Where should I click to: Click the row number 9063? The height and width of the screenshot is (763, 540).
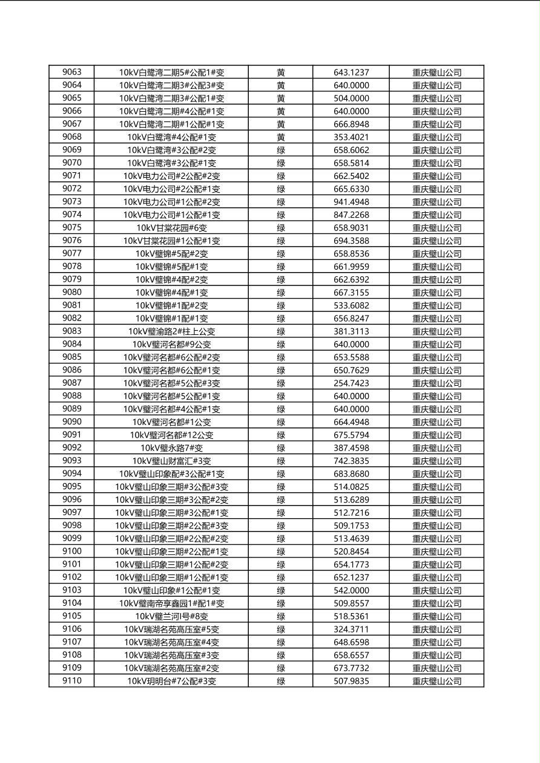(71, 73)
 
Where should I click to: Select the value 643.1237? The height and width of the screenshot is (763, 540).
(351, 73)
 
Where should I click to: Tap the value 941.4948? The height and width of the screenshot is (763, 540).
(351, 202)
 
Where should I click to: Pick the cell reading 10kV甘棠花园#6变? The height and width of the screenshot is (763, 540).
(171, 228)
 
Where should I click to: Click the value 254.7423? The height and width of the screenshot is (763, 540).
(351, 383)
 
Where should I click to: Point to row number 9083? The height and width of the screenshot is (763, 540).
(71, 331)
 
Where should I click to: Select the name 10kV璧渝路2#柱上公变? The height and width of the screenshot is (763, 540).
(171, 331)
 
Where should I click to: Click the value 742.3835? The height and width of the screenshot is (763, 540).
(351, 461)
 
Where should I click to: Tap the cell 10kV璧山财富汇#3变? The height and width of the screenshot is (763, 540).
(171, 461)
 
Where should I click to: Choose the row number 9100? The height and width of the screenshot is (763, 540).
(71, 551)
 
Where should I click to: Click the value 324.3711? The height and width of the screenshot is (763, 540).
(351, 629)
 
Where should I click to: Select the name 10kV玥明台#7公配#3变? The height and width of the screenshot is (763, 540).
(171, 681)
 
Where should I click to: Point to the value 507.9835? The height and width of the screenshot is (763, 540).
(351, 681)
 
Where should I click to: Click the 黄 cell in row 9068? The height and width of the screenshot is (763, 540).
(281, 137)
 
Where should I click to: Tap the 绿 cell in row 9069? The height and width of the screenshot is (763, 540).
(281, 150)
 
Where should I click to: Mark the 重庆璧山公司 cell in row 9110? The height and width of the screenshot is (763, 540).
(436, 681)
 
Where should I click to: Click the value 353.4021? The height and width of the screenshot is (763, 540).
(351, 137)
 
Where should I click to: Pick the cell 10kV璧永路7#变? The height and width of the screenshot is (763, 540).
(171, 448)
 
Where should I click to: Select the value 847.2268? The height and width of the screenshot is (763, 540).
(351, 215)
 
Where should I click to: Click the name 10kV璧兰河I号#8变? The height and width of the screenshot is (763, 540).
(171, 616)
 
